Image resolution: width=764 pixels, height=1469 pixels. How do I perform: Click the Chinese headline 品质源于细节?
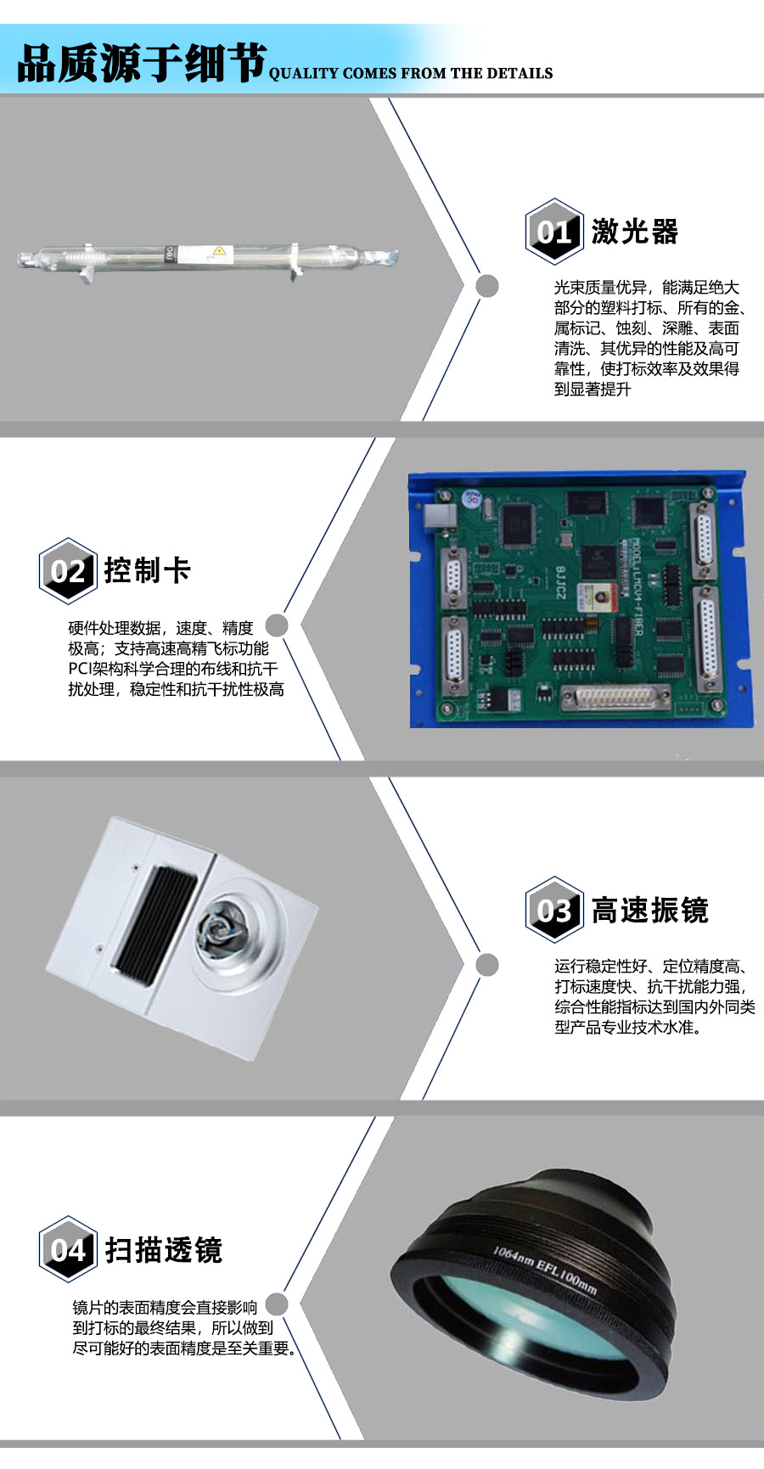[x=142, y=64]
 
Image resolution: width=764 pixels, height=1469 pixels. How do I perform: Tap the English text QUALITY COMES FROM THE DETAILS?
[x=411, y=74]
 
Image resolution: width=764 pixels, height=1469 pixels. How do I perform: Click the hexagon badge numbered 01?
[x=553, y=231]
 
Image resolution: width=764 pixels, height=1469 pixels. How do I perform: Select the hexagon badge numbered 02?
[x=68, y=570]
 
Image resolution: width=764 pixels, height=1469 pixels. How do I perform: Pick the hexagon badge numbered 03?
[x=553, y=910]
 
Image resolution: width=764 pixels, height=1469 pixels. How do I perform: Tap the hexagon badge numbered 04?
[x=68, y=1249]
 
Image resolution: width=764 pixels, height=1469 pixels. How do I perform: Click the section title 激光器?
[x=635, y=232]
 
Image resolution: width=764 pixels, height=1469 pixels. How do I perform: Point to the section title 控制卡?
[x=148, y=570]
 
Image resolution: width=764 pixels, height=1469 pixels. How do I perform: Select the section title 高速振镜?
[x=649, y=911]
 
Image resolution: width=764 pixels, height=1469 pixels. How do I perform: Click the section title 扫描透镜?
[x=163, y=1250]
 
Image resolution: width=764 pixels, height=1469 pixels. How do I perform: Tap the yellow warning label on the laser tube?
[x=220, y=251]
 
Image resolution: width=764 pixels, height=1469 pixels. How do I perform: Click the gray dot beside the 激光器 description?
[x=487, y=286]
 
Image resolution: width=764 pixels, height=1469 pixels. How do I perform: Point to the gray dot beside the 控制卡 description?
[x=277, y=625]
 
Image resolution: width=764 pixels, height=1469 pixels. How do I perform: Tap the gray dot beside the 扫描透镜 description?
[x=277, y=1304]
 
